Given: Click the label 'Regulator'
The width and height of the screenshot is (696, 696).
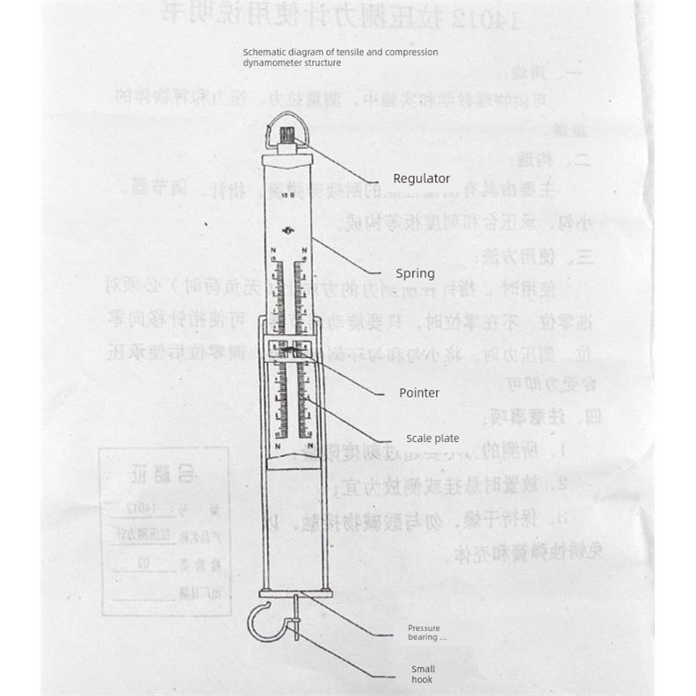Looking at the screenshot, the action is tap(421, 178).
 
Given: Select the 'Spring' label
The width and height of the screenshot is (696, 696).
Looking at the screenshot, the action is tap(415, 273).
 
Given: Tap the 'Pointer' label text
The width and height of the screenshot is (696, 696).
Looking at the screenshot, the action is tap(419, 393).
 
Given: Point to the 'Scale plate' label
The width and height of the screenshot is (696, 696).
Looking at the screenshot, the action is tap(431, 439).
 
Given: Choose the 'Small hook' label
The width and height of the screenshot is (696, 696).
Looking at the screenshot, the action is tap(423, 674).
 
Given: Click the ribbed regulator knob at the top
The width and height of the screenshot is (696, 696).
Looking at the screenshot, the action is tap(289, 137).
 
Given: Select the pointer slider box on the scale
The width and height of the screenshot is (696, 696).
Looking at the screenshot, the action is tap(289, 351).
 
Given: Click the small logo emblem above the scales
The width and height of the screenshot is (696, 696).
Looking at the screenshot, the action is tap(289, 231).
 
